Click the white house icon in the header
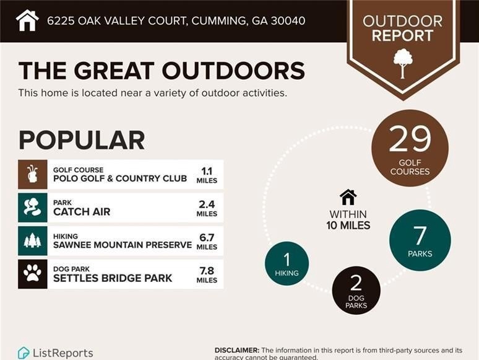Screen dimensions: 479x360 coord(27,20)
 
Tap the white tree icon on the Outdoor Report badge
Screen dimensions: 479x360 coord(403,63)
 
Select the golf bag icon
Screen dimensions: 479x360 coord(32,174)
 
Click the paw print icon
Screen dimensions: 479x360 coord(32,274)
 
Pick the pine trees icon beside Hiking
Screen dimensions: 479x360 coord(32,240)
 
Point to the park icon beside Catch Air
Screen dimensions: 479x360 coord(32,207)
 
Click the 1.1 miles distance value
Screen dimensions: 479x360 coord(207,175)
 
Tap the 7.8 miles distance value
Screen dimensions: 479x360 coord(207,274)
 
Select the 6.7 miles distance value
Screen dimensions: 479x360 coord(207,241)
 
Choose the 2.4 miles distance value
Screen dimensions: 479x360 coord(207,208)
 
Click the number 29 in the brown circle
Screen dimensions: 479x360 coord(410,139)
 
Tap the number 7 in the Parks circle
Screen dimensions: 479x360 coord(420,235)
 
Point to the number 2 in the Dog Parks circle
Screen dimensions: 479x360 coord(356,283)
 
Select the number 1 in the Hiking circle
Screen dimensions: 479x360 coord(287,260)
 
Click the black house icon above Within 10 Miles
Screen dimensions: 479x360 coord(348,197)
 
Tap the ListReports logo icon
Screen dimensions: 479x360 coord(24,353)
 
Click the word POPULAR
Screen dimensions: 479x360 coord(82,140)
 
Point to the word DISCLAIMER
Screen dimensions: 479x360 coord(237,350)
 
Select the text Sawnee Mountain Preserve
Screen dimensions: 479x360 coord(123,245)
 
